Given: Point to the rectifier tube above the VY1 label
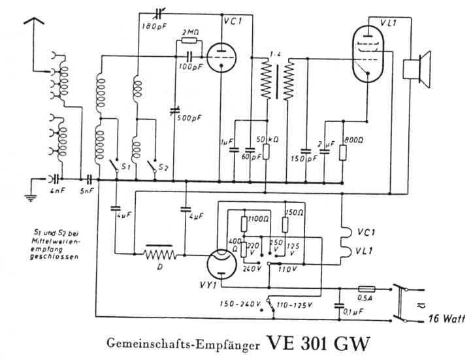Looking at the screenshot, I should tap(221, 264).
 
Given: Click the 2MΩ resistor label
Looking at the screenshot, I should tap(192, 32).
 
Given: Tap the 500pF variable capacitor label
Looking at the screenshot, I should tap(191, 118).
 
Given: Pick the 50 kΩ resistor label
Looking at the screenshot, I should tap(269, 140).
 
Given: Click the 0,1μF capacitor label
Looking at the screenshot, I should tap(355, 313).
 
